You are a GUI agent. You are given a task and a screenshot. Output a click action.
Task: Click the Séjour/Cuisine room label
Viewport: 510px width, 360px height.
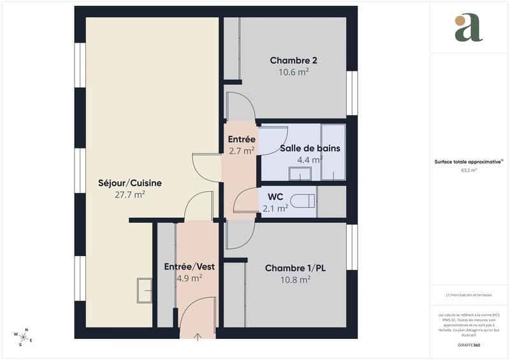pos(130,183)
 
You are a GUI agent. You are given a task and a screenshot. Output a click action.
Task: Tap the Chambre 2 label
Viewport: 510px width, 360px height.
pos(294,61)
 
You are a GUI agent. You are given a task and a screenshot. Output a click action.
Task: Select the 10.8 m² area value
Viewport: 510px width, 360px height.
pos(295,279)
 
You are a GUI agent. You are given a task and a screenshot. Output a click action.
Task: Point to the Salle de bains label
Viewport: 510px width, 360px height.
pos(310,148)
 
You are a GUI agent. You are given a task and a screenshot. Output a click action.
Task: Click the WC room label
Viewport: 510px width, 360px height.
pos(275,196)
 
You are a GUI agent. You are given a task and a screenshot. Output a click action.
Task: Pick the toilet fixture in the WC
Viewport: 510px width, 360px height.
pos(303,201)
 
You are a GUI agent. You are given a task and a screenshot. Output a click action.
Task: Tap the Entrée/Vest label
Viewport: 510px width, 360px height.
pos(189,266)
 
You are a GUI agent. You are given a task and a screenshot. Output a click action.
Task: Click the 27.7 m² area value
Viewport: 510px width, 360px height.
pos(130,195)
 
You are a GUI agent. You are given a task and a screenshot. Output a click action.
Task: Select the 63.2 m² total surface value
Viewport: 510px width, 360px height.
pos(469,170)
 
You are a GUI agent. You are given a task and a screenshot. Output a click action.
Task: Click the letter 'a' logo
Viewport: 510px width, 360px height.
pos(469,29)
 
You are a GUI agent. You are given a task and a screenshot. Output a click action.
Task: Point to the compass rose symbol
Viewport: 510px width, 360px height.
pos(23,336)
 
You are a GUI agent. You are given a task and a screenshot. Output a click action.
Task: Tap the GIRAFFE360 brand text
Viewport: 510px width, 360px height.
pos(469,344)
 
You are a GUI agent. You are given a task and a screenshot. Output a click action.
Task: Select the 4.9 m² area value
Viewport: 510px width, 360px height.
pos(189,278)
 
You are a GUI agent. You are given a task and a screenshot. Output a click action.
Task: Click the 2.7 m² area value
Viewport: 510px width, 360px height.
pos(242,151)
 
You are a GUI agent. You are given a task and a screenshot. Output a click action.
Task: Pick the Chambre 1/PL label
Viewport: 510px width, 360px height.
pos(295,268)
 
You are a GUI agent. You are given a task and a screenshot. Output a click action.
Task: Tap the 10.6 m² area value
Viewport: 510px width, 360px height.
pos(294,72)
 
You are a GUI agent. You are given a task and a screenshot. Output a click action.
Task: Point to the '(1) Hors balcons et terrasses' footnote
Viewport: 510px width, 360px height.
pos(469,295)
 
